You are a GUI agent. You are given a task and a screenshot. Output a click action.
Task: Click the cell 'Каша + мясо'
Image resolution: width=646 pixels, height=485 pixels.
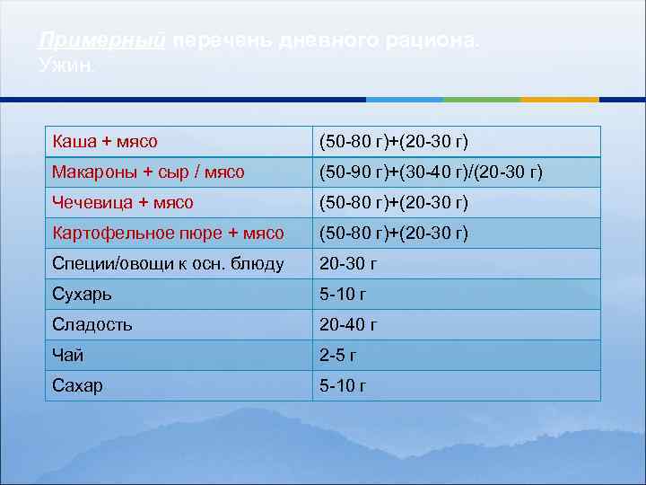[105, 142]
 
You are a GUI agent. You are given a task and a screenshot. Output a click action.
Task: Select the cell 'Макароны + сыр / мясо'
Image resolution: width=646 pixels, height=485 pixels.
[148, 172]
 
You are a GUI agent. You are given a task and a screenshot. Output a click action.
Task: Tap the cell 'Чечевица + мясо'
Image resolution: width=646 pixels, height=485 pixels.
[123, 202]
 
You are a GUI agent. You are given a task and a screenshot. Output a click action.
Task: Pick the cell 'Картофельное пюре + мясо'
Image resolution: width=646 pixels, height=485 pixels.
[168, 234]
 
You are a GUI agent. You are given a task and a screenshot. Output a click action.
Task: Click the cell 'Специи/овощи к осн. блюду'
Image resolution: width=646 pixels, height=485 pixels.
[168, 264]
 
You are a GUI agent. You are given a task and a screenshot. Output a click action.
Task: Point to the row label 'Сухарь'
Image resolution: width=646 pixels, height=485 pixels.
[83, 295]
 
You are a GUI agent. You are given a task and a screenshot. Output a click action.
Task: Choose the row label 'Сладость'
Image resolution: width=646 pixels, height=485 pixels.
[92, 325]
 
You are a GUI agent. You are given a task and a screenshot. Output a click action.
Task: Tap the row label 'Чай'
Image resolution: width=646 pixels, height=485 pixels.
[68, 356]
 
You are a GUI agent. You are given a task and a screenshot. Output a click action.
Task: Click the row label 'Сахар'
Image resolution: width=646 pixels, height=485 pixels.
[78, 386]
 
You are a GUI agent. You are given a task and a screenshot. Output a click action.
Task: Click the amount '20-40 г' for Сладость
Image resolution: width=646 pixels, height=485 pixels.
[348, 325]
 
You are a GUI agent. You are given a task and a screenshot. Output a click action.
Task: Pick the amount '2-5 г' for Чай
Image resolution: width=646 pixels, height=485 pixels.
[338, 356]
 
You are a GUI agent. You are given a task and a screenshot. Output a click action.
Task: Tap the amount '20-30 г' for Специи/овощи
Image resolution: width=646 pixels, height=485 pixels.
[348, 264]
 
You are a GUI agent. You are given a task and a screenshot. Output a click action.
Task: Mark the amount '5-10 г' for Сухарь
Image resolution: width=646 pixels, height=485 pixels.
[343, 295]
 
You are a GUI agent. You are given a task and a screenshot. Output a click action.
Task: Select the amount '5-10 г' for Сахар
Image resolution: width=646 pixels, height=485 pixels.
[343, 386]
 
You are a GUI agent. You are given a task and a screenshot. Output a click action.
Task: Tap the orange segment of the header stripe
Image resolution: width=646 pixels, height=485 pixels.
[559, 99]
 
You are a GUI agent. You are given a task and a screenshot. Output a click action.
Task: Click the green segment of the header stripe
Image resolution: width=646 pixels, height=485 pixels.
[482, 99]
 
